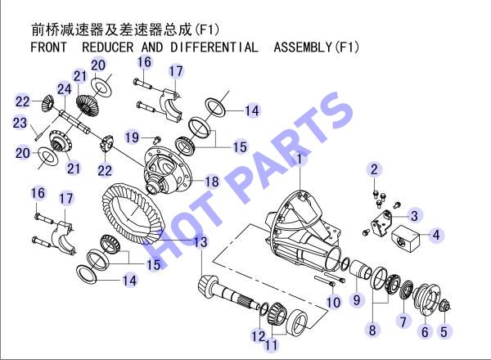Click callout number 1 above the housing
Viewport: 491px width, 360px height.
(300, 159)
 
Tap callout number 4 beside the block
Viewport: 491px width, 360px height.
(436, 235)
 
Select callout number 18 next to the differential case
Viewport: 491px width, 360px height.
(211, 182)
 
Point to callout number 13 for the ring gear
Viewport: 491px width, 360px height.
(200, 241)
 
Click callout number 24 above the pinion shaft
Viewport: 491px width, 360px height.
(64, 89)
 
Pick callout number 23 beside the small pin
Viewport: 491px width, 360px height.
(20, 123)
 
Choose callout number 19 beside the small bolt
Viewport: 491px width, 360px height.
(132, 137)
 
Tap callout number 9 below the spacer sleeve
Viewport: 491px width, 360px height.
(357, 300)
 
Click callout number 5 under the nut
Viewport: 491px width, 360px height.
(444, 332)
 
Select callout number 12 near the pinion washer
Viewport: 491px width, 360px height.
(259, 336)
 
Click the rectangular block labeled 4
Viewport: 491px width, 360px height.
(406, 239)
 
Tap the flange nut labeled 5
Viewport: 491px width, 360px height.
(443, 305)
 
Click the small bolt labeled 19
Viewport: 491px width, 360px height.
(157, 139)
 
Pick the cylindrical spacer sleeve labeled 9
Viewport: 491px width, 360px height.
(360, 269)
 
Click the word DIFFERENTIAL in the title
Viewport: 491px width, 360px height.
(214, 47)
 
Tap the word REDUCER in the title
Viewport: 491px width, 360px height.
(108, 47)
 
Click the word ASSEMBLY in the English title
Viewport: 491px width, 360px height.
(303, 47)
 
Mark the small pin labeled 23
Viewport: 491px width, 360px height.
(36, 137)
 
